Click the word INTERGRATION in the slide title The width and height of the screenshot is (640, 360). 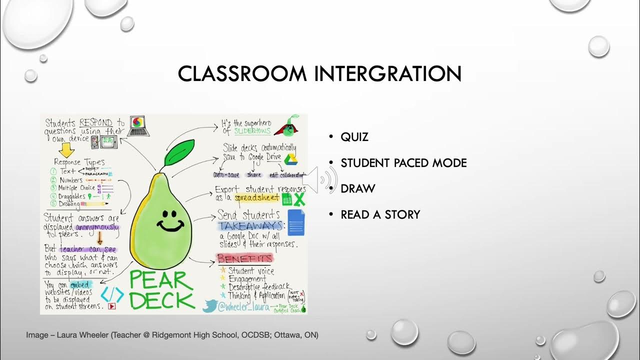coord(387,74)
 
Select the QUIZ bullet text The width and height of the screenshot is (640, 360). coord(354,137)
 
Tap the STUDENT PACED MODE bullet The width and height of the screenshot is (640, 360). coord(403,163)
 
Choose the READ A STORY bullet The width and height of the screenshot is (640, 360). coord(380,215)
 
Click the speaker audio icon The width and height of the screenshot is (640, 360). coord(320,179)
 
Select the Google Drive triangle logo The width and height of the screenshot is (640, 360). coord(291,159)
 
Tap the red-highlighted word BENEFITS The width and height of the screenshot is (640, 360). coord(244,258)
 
